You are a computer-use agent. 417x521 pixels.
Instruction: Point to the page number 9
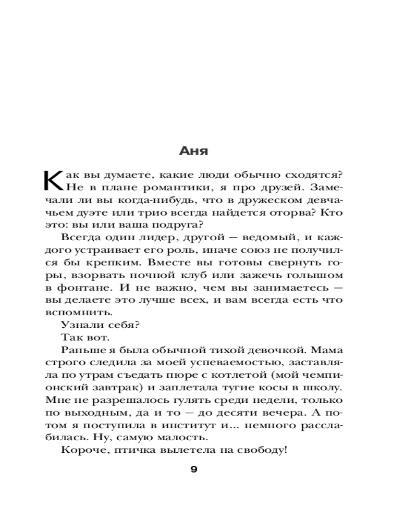193,469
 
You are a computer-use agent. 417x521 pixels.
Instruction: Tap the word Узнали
78,325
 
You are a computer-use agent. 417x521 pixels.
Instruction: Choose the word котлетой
226,375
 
